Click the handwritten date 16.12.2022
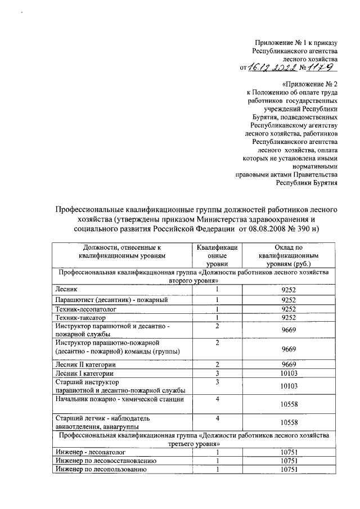tap(272, 67)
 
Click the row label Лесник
tap(65, 289)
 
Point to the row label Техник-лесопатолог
tap(84, 308)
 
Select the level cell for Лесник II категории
tap(217, 364)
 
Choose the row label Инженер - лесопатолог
tap(89, 452)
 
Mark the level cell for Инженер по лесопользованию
tap(217, 470)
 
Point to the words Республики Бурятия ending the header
tap(306, 182)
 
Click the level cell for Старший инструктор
tap(217, 382)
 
